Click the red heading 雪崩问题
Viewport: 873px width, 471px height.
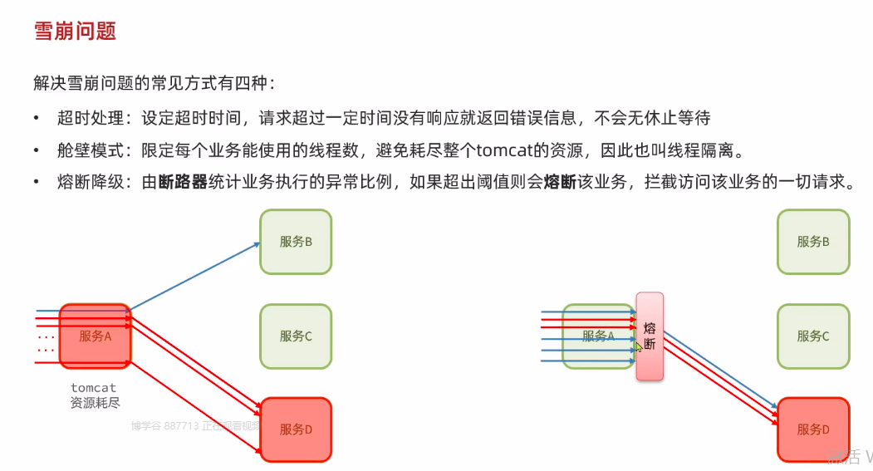click(75, 32)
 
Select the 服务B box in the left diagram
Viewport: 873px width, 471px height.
click(296, 242)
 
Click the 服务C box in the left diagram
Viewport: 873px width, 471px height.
click(296, 336)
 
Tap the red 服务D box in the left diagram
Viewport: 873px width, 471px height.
click(296, 429)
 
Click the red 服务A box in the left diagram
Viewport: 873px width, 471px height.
click(95, 336)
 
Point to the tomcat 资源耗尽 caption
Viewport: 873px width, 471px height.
click(94, 395)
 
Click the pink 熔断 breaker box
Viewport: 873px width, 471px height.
click(650, 336)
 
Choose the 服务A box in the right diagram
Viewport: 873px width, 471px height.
click(598, 336)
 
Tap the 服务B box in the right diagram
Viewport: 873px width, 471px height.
click(813, 242)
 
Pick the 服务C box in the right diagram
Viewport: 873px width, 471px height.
click(813, 336)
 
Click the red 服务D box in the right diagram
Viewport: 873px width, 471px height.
click(813, 429)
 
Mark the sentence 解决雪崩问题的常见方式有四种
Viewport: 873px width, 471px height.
click(154, 83)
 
